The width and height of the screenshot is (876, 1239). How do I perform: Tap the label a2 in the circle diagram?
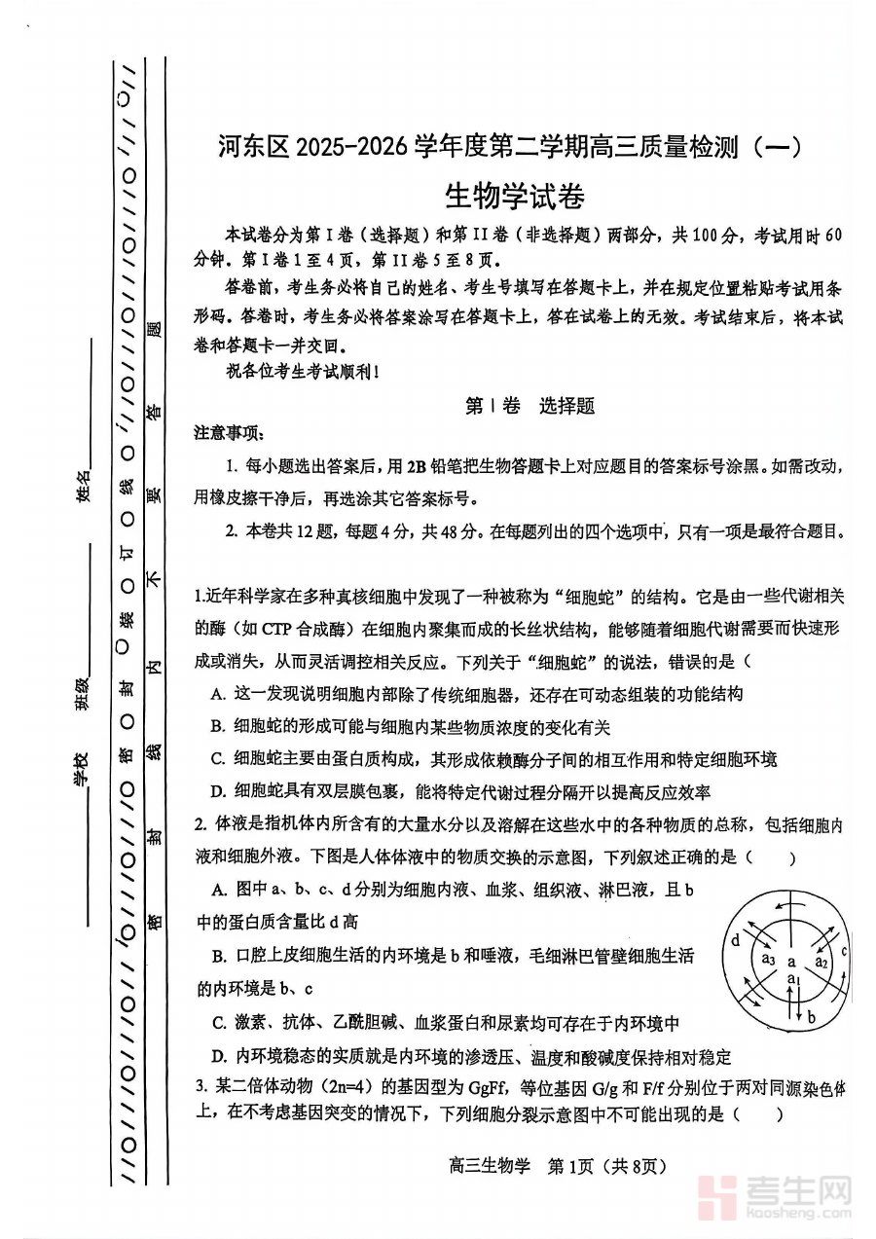click(821, 962)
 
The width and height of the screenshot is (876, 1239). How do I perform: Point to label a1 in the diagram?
click(793, 978)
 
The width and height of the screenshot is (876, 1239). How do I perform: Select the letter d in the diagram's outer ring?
click(736, 940)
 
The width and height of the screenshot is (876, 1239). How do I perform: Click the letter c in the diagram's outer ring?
click(844, 951)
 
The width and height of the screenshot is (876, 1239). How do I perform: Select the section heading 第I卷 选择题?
click(529, 406)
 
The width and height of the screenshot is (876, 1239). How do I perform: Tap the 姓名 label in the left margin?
click(85, 484)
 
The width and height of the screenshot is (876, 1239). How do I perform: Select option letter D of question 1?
click(217, 792)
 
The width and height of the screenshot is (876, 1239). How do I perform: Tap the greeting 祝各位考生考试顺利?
click(302, 371)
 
